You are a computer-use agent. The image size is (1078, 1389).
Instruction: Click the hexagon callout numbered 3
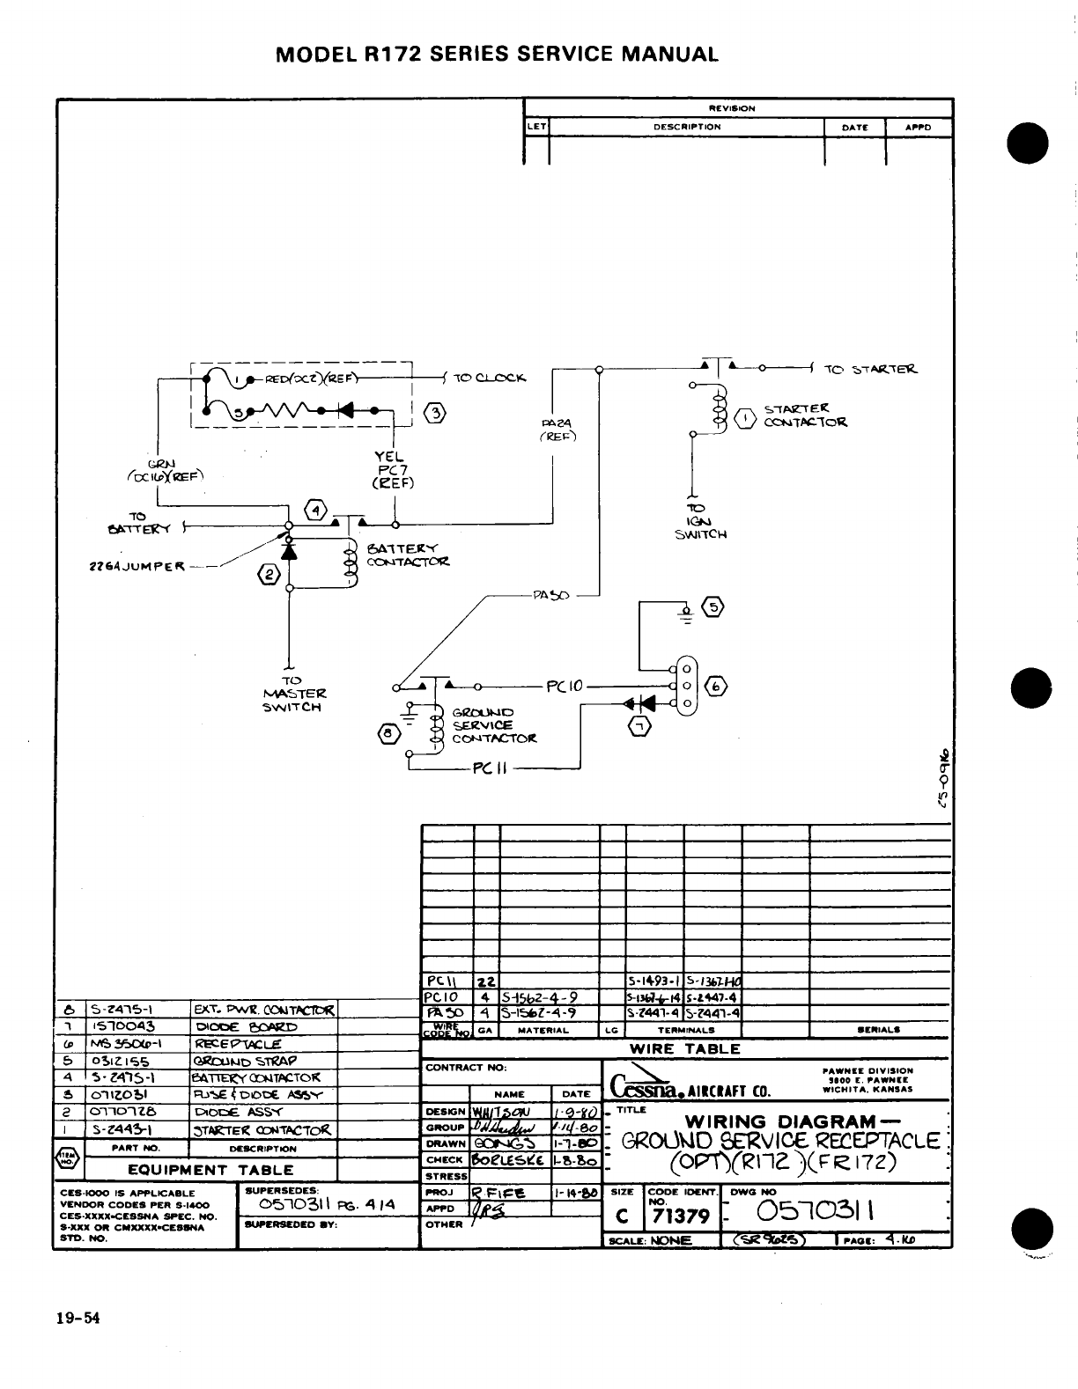[x=434, y=414]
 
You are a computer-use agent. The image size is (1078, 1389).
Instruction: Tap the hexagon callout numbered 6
[x=715, y=687]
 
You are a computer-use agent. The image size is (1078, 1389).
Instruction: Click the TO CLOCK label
[x=489, y=378]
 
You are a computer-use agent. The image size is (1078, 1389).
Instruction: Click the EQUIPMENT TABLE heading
[x=210, y=1170]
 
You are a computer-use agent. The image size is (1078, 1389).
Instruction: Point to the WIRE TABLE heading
[x=685, y=1048]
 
